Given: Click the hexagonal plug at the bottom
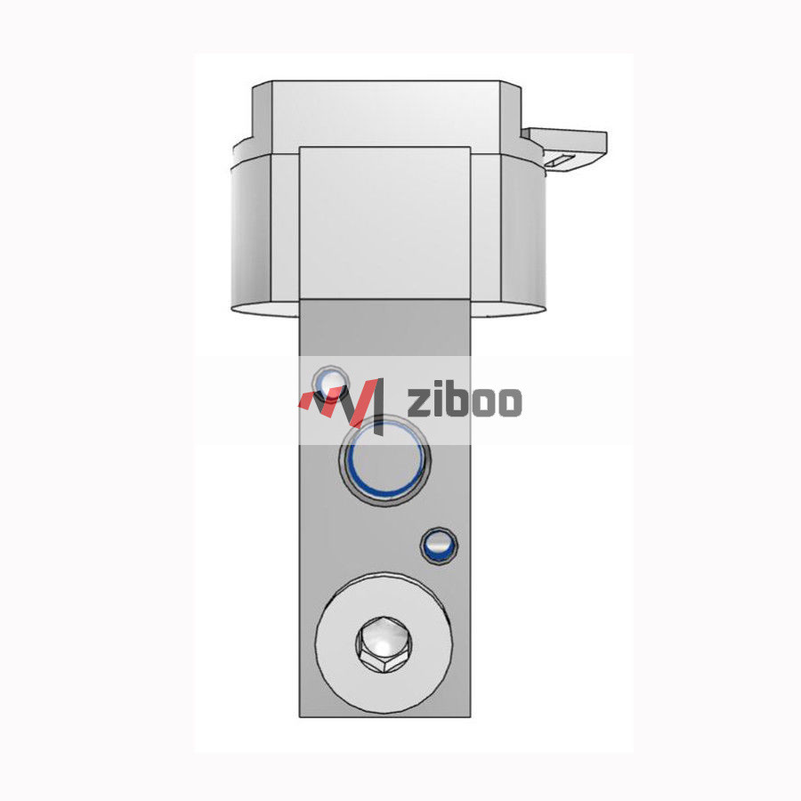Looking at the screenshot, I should coord(383,643).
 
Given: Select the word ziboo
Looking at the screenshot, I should coord(464,401).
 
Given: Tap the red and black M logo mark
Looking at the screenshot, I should coord(342,401).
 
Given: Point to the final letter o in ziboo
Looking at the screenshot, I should coord(507,402).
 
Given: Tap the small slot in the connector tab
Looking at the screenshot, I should coord(560,161).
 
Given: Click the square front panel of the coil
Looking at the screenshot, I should coord(384,222).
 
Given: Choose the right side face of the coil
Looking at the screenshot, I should coord(520,231).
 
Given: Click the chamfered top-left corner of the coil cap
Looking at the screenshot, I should coord(261,89).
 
